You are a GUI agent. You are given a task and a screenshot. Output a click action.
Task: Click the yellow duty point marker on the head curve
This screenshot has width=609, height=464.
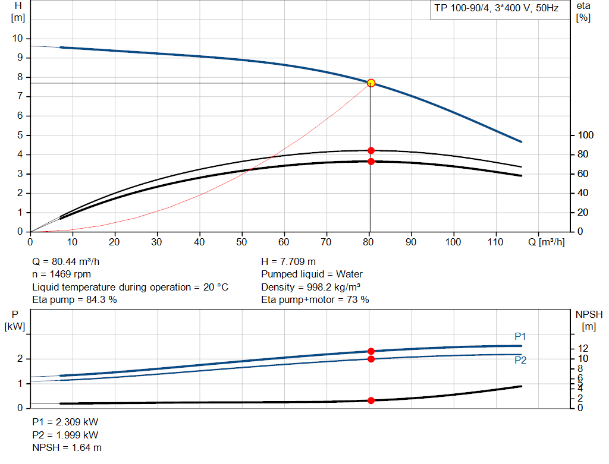pos(371,83)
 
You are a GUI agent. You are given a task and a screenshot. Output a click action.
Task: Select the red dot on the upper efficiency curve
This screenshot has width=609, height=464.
pos(371,150)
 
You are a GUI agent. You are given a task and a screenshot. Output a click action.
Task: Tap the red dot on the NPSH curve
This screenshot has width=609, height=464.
pos(371,400)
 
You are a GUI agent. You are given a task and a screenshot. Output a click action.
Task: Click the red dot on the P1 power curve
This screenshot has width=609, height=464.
pos(371,351)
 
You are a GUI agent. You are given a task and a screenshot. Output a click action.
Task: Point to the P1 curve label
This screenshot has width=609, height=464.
pos(520,336)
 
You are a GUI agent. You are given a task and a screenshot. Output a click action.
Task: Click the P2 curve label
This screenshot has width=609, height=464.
pos(520,360)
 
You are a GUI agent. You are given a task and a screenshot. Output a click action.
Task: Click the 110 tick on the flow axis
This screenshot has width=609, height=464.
pos(496,242)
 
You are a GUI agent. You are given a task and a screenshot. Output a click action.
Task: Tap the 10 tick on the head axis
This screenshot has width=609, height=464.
pos(17,38)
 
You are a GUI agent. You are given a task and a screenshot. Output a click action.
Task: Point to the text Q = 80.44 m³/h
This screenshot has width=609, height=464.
pos(70,261)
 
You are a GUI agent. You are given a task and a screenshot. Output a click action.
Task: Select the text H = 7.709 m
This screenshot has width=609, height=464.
pos(288,261)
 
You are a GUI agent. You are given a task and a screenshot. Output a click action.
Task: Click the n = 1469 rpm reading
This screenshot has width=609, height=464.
pos(62,274)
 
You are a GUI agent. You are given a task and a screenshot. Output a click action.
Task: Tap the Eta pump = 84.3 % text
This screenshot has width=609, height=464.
pos(74,300)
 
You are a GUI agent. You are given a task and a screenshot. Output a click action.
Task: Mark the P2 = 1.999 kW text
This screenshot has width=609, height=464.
pos(65,435)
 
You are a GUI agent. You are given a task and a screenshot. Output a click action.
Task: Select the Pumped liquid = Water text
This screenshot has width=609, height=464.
pos(312,274)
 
